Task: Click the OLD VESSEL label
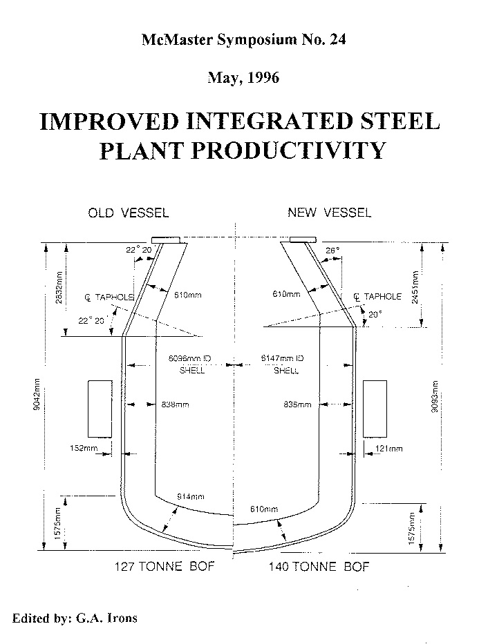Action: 128,213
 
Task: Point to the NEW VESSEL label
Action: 329,213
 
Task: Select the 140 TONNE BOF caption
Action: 319,567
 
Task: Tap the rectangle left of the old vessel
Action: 100,408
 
